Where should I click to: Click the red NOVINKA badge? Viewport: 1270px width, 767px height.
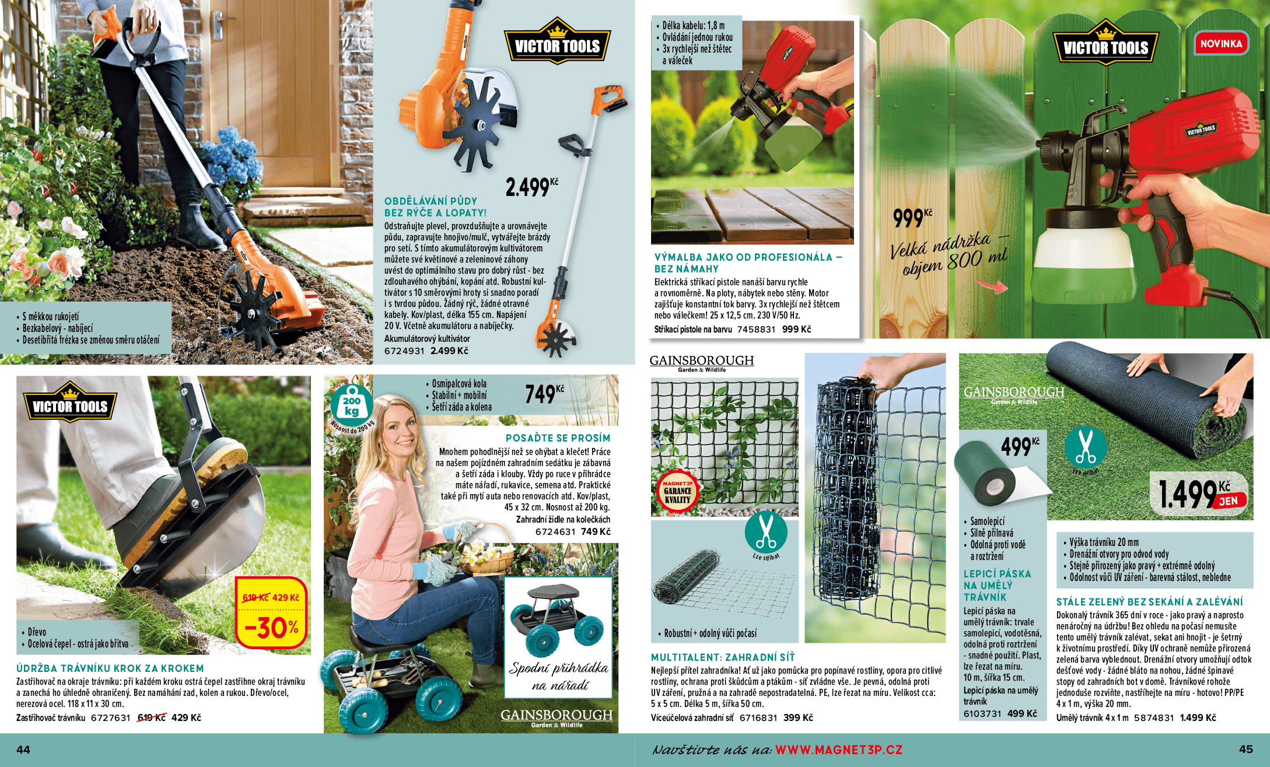click(1221, 43)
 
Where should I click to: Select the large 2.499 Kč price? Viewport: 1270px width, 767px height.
click(531, 187)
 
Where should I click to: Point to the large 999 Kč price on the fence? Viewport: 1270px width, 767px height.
click(912, 218)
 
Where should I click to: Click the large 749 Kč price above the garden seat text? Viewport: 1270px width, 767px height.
click(544, 394)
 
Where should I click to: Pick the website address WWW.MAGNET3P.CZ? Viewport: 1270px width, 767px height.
click(839, 750)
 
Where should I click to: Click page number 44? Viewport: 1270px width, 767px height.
click(23, 750)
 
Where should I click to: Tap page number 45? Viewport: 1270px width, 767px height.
click(1245, 749)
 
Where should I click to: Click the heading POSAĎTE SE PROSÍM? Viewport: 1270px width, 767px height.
click(558, 438)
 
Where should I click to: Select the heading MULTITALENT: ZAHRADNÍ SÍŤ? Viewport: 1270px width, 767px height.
click(723, 657)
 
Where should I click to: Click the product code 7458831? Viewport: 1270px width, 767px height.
click(756, 329)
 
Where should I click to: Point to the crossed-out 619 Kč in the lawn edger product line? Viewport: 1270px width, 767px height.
click(152, 717)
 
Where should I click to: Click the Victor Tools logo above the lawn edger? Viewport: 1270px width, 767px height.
click(70, 403)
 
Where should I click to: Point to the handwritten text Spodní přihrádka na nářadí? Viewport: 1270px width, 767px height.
click(558, 677)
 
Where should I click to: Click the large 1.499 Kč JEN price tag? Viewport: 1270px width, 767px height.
click(1201, 493)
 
